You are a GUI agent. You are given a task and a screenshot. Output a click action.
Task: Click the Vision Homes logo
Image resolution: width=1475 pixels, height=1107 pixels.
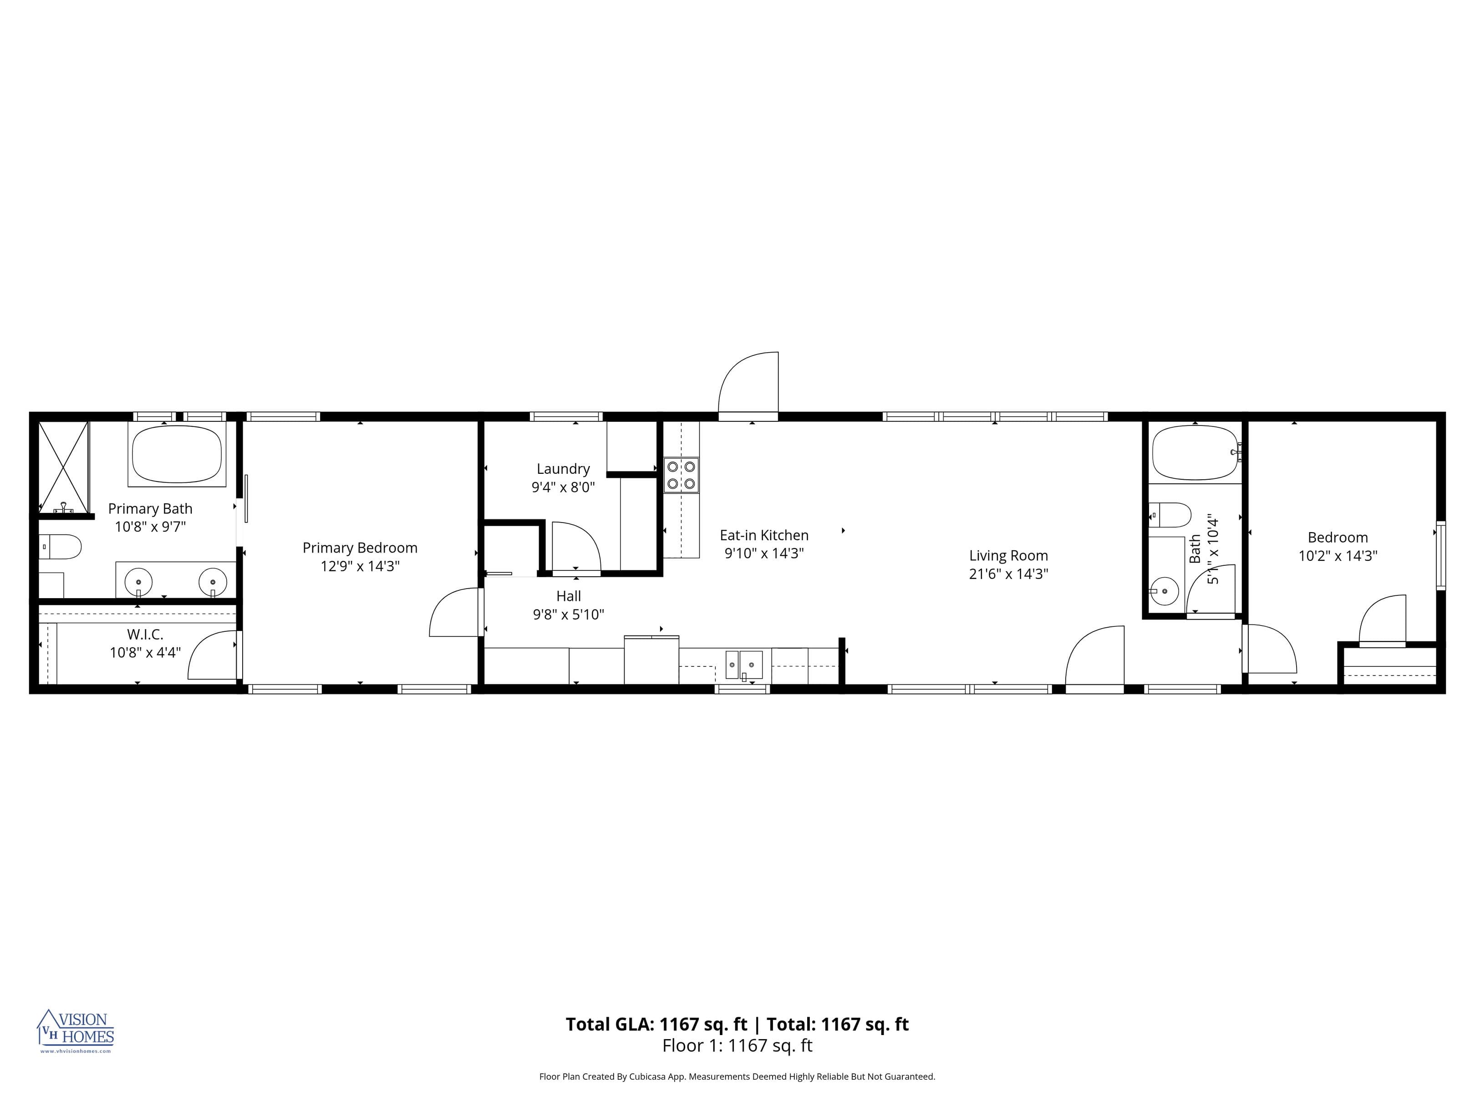tap(76, 1030)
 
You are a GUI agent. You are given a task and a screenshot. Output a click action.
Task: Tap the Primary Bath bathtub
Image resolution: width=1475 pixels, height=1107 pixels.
tap(177, 454)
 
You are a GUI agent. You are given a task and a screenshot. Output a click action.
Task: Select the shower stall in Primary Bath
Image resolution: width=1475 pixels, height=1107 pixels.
tap(63, 466)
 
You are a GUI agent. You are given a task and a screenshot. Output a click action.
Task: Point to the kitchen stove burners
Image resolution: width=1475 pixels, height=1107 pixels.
tap(681, 474)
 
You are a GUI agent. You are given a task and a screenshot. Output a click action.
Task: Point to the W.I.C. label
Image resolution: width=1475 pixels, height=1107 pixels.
tap(145, 634)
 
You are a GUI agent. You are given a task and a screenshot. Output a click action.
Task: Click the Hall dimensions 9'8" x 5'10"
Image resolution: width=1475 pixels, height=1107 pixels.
tap(568, 615)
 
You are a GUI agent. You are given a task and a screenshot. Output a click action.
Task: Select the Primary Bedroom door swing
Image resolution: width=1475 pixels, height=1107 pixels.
tap(455, 613)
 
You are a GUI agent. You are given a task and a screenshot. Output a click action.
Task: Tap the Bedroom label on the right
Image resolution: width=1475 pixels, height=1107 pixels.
tap(1337, 537)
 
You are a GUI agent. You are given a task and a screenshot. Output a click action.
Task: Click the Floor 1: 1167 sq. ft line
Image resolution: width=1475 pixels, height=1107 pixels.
tap(737, 1045)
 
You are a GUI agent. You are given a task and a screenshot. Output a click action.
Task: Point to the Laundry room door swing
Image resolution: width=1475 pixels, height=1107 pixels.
tap(575, 547)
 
